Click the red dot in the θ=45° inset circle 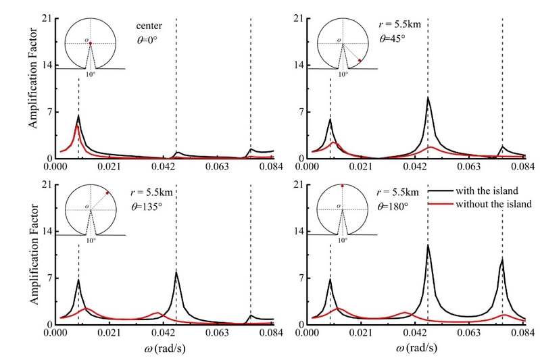tap(360, 61)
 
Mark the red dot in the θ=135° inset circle tap(107, 193)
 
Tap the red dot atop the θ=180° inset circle tap(343, 186)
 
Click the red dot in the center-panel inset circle tap(91, 43)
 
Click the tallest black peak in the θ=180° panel tap(428, 245)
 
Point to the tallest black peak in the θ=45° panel tap(428, 98)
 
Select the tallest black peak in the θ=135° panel tap(176, 272)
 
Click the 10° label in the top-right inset tap(343, 74)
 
